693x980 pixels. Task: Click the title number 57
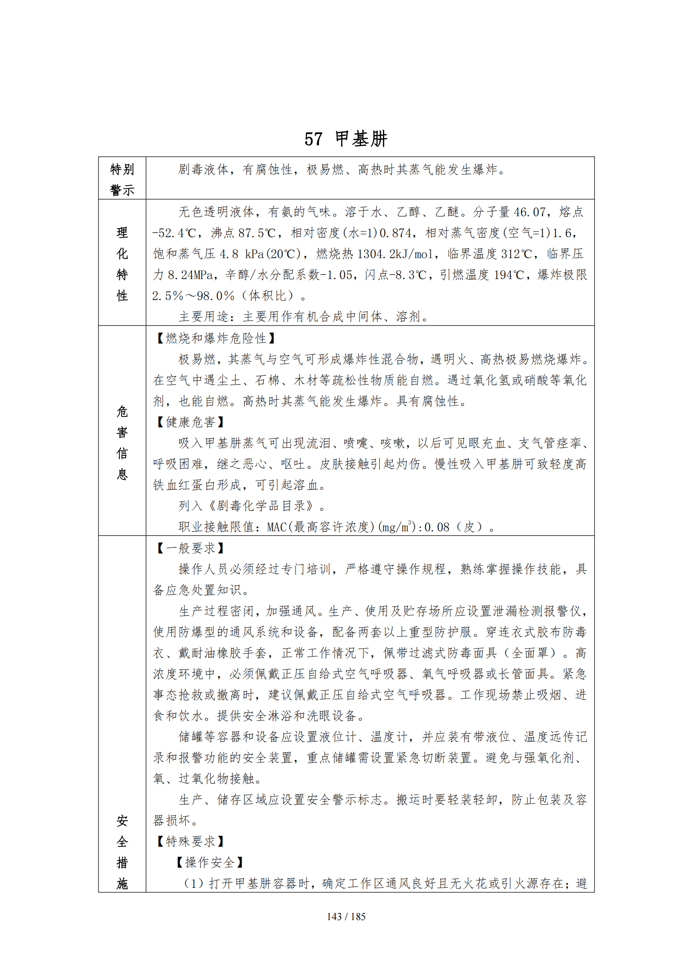click(x=313, y=139)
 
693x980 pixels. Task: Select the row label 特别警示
click(x=122, y=179)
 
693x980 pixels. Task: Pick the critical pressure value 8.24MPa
click(x=190, y=275)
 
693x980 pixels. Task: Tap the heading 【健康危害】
click(x=190, y=422)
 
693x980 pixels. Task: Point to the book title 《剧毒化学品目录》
click(x=261, y=506)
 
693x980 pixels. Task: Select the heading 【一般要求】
click(x=190, y=548)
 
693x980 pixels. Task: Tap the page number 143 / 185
click(x=346, y=916)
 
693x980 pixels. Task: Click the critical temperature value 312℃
click(x=516, y=254)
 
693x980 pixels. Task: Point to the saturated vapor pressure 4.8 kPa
click(x=241, y=254)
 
